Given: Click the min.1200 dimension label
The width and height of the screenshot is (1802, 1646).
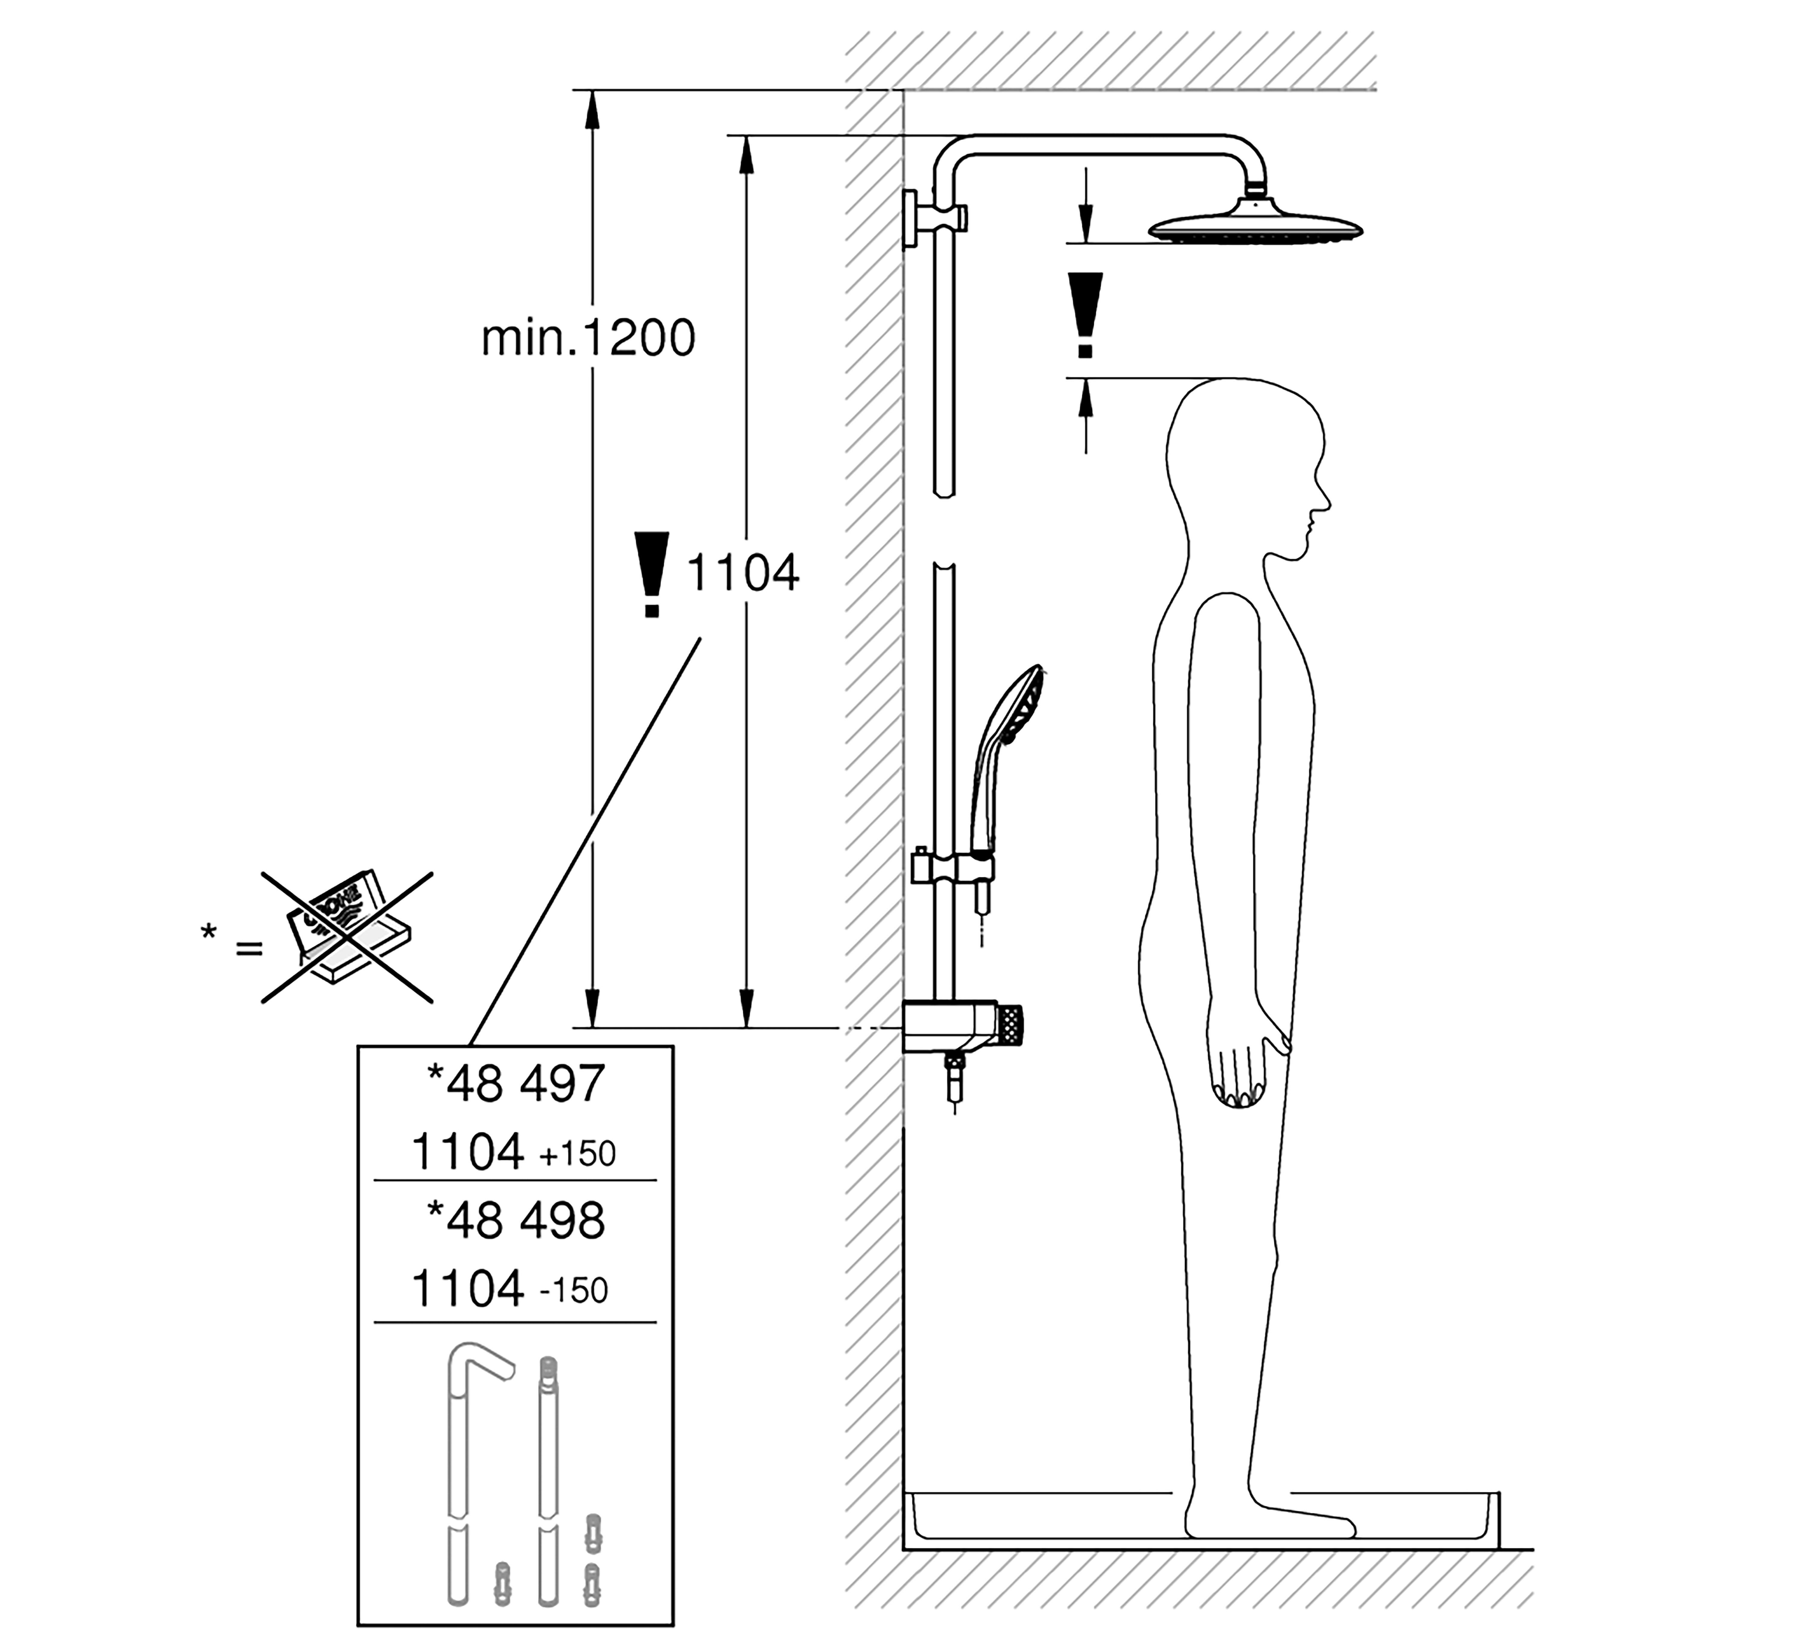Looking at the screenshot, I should click(x=587, y=339).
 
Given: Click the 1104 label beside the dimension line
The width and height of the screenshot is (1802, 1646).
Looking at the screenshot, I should click(x=742, y=573).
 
